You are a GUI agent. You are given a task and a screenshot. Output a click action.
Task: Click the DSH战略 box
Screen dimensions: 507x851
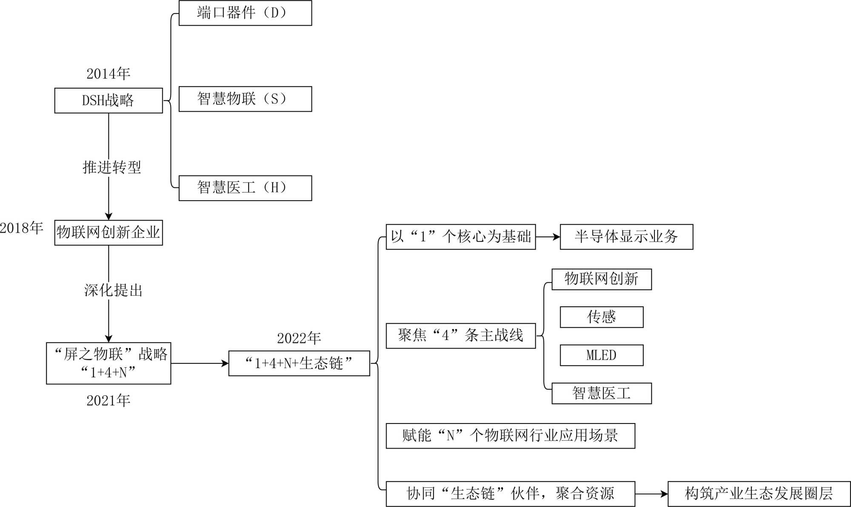(x=109, y=101)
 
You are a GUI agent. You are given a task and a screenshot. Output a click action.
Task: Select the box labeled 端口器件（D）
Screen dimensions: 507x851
(x=245, y=13)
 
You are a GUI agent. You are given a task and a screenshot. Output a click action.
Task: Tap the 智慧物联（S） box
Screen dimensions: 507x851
(x=245, y=99)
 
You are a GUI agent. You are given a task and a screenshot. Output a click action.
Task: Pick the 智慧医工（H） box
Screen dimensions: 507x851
(x=245, y=188)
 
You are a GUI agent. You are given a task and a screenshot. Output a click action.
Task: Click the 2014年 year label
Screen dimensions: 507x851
(x=109, y=74)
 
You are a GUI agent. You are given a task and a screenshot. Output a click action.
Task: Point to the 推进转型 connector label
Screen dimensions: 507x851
(x=111, y=167)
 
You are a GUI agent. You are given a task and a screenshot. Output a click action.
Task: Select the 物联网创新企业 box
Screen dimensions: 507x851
(x=109, y=233)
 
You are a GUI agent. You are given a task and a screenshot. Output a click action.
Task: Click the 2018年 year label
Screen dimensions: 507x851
(x=22, y=228)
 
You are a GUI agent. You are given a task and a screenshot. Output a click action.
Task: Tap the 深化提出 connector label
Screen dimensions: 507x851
(x=113, y=290)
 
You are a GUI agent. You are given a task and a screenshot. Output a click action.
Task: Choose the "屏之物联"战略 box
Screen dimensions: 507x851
(x=109, y=363)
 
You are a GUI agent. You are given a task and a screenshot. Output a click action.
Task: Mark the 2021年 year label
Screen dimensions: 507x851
(x=109, y=400)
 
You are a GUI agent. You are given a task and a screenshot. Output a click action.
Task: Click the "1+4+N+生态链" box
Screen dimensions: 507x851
(x=299, y=363)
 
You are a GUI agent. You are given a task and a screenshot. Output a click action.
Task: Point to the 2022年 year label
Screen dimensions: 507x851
(x=299, y=338)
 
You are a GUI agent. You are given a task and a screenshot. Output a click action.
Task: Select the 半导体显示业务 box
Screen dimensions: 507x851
(x=626, y=237)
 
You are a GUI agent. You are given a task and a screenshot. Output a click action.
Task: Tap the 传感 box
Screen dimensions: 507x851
(x=602, y=317)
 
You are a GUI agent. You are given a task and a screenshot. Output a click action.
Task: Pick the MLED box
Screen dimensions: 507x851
(x=602, y=355)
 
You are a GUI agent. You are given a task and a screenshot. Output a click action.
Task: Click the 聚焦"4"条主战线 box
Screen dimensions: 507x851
(x=461, y=336)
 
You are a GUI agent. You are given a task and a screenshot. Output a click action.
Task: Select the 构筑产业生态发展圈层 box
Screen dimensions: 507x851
(x=759, y=494)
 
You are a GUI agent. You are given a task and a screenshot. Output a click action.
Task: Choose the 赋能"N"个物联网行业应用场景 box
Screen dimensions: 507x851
(x=511, y=436)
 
